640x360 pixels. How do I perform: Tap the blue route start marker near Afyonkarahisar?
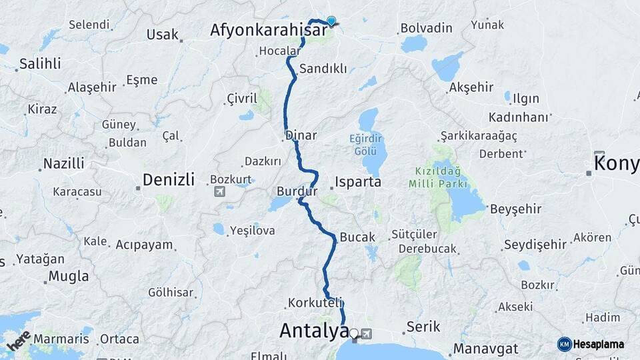click(331, 21)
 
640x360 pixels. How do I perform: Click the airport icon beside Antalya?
click(366, 333)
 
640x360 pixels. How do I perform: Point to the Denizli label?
click(168, 180)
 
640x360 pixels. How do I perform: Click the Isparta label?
click(358, 181)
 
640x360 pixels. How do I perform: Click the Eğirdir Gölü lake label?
click(366, 145)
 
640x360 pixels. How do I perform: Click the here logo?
click(19, 340)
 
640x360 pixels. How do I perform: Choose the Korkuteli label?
click(315, 303)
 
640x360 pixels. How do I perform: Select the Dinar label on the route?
click(301, 135)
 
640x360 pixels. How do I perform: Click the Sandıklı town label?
click(323, 69)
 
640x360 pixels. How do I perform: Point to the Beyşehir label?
click(515, 209)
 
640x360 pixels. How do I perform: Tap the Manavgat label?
click(486, 349)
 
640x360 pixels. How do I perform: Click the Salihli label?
click(40, 64)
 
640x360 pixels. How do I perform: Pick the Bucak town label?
click(357, 237)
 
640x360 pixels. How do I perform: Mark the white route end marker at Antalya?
click(354, 333)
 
